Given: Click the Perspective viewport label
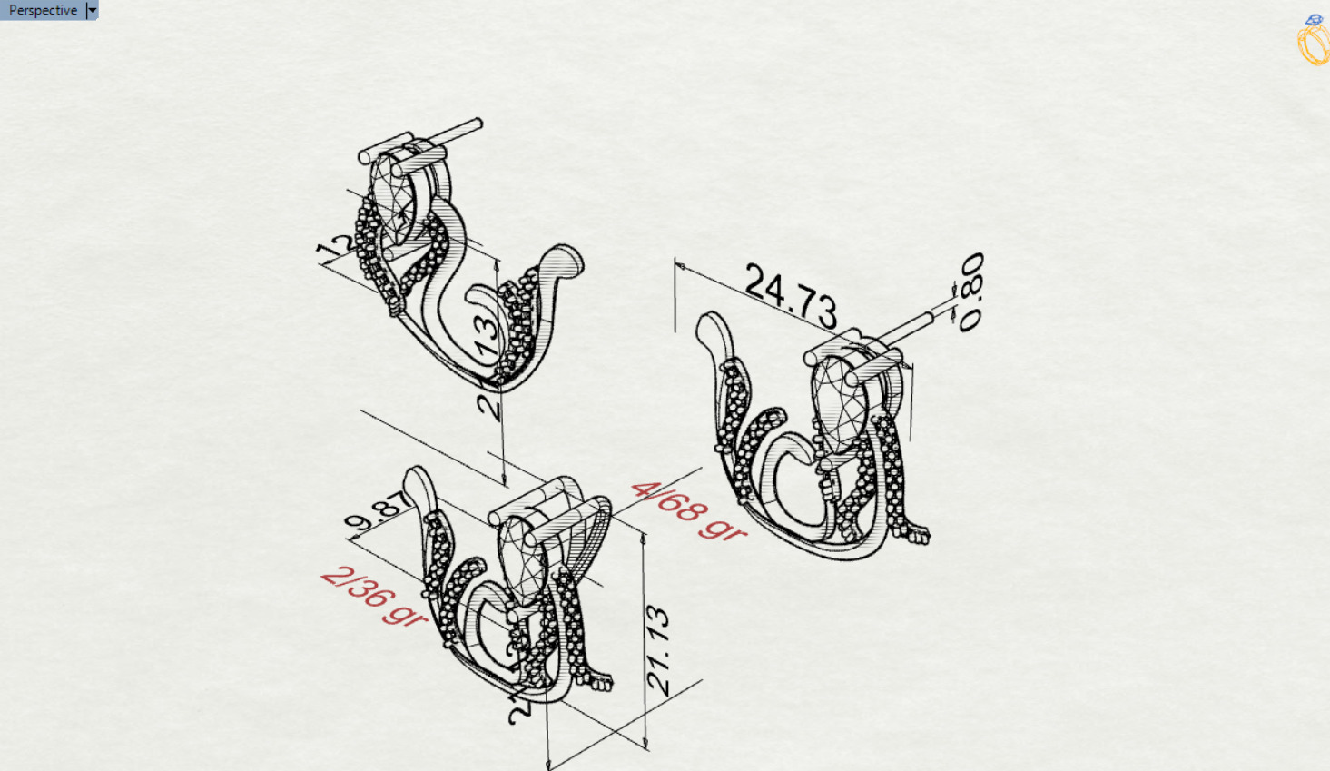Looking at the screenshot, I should click(x=43, y=10).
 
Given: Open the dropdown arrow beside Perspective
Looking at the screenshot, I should click(x=92, y=10).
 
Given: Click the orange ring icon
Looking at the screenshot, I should click(x=1313, y=42).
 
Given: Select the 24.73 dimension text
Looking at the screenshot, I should click(x=791, y=295).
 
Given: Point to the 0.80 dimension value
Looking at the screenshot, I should click(x=970, y=292).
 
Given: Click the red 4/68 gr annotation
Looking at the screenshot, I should click(x=688, y=511).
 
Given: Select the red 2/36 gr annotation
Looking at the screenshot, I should click(x=373, y=595).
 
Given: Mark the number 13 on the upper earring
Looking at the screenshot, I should click(x=487, y=337).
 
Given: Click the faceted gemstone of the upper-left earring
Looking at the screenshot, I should click(x=394, y=196).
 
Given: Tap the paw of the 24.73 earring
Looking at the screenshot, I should click(x=915, y=534).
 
